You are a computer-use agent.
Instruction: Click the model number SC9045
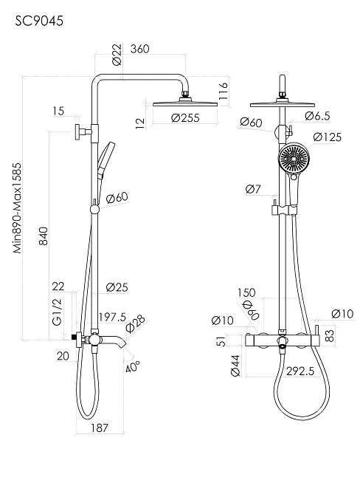pyautogui.click(x=39, y=21)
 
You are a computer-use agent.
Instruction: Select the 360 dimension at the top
pyautogui.click(x=139, y=49)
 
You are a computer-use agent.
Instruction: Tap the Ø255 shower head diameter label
pyautogui.click(x=185, y=117)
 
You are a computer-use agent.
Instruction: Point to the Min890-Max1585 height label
pyautogui.click(x=18, y=208)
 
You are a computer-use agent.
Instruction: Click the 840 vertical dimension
pyautogui.click(x=44, y=236)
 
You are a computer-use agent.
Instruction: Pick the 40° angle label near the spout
pyautogui.click(x=134, y=366)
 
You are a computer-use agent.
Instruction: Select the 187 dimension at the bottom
pyautogui.click(x=100, y=428)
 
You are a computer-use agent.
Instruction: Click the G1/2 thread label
pyautogui.click(x=57, y=312)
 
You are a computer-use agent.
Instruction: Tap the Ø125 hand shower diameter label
pyautogui.click(x=327, y=137)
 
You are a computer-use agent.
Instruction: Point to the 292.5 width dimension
pyautogui.click(x=300, y=371)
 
